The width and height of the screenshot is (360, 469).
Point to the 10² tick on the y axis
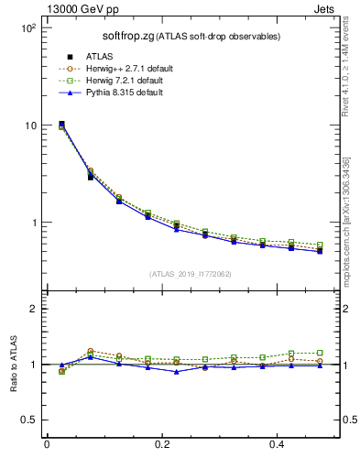27,28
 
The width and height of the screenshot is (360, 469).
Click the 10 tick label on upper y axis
29,125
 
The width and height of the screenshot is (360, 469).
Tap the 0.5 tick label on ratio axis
28,420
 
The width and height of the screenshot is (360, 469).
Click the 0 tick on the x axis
47,443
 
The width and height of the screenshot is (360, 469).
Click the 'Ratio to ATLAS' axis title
13,364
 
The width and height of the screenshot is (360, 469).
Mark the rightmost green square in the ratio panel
319,353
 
